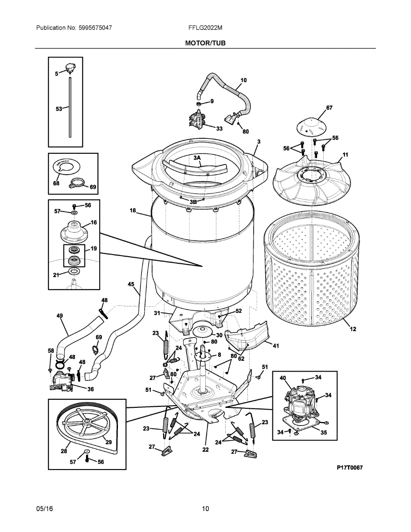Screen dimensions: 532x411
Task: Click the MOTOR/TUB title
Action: pos(205,43)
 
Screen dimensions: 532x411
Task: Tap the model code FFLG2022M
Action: pos(205,27)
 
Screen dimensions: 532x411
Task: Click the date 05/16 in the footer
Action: pos(44,509)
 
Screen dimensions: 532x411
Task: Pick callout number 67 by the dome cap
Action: pos(329,108)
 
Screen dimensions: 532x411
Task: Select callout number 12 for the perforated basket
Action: pos(353,329)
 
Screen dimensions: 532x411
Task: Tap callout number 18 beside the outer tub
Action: pos(133,211)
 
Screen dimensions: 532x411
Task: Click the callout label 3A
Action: pos(196,157)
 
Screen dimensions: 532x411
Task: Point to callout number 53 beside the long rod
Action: pos(59,109)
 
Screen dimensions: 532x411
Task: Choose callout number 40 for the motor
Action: pos(282,378)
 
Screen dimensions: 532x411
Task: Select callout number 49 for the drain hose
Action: pos(60,316)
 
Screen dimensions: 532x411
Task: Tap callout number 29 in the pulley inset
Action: pos(108,442)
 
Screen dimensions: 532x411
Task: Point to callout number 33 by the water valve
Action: pos(219,129)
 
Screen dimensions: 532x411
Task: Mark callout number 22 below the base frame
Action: pos(205,450)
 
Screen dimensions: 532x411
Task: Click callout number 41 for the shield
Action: pos(275,346)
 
